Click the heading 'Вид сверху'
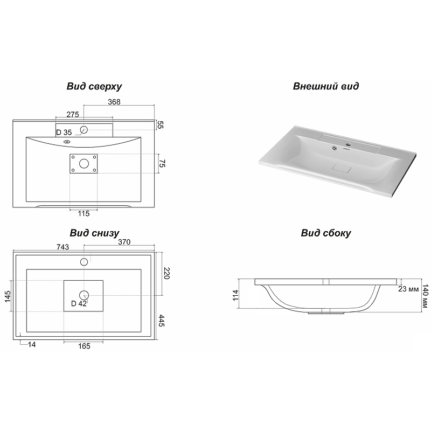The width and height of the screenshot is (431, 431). click(94, 86)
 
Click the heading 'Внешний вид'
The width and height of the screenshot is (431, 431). click(326, 86)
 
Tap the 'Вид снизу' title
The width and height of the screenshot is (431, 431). click(94, 233)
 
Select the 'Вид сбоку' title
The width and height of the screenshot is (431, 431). click(326, 233)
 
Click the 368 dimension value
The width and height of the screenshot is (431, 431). click(114, 102)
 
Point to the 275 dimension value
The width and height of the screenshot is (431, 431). click(73, 115)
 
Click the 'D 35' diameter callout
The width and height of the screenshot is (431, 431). click(64, 133)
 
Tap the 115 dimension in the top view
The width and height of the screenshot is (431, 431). click(84, 213)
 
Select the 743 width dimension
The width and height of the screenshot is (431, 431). click(62, 247)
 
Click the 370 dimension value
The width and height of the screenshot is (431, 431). click(124, 242)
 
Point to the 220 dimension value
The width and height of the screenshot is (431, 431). click(166, 273)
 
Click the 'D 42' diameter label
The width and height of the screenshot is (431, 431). click(79, 303)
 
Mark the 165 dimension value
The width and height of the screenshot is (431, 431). click(84, 346)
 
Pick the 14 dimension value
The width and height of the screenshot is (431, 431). click(32, 344)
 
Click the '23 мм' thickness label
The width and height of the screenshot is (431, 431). click(408, 289)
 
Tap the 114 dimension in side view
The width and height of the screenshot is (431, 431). click(235, 295)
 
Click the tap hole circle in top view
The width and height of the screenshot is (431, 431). click(84, 129)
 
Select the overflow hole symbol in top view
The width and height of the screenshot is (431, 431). click(67, 142)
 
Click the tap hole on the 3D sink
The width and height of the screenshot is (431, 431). click(349, 144)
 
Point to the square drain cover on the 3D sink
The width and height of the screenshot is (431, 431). click(342, 168)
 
